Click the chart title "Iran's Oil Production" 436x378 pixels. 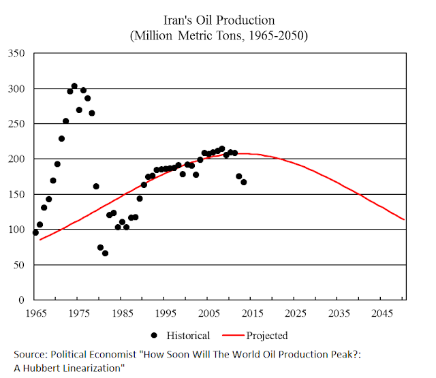[x=217, y=20]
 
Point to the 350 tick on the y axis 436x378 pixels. [x=20, y=53]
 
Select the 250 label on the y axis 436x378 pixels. [x=20, y=124]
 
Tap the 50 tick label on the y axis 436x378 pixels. [x=22, y=265]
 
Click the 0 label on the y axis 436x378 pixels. [x=25, y=300]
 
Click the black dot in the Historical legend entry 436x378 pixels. [x=155, y=335]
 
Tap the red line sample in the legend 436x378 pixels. [x=230, y=335]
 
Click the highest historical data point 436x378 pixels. [x=74, y=86]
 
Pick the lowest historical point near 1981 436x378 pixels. [x=105, y=253]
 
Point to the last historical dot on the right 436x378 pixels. [x=243, y=182]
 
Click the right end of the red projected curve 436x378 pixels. [x=405, y=219]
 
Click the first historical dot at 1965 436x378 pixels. [x=35, y=232]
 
